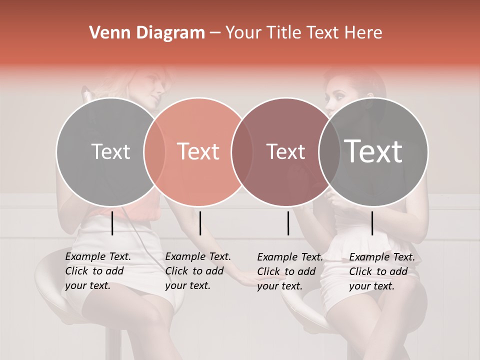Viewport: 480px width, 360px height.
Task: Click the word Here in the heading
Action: [364, 33]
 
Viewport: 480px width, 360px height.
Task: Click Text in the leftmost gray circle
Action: [110, 151]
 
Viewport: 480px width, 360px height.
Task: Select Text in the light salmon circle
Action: [198, 151]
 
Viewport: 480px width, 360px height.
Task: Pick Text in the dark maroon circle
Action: [285, 151]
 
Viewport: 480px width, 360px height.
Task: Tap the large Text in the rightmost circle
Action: [373, 151]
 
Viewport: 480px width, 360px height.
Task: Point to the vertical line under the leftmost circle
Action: [112, 223]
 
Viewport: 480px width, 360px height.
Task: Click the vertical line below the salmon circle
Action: [200, 223]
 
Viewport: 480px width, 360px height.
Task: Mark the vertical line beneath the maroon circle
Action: [288, 223]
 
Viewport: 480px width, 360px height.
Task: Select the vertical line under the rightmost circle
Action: [372, 223]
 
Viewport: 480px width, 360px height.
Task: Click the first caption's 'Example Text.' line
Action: [98, 256]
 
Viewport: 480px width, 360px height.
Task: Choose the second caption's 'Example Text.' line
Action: [198, 256]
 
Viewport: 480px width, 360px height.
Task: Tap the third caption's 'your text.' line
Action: [279, 286]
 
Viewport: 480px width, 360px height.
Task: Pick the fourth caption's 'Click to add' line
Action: [378, 271]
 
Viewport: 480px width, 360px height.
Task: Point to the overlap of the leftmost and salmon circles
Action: [154, 152]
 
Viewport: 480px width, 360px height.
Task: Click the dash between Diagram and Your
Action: [215, 33]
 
